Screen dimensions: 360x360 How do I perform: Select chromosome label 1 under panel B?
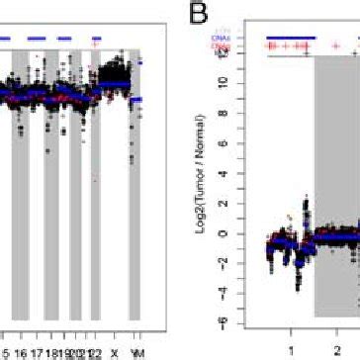291,348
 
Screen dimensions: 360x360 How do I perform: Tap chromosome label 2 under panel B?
336,348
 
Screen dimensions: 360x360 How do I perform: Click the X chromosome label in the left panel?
116,352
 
